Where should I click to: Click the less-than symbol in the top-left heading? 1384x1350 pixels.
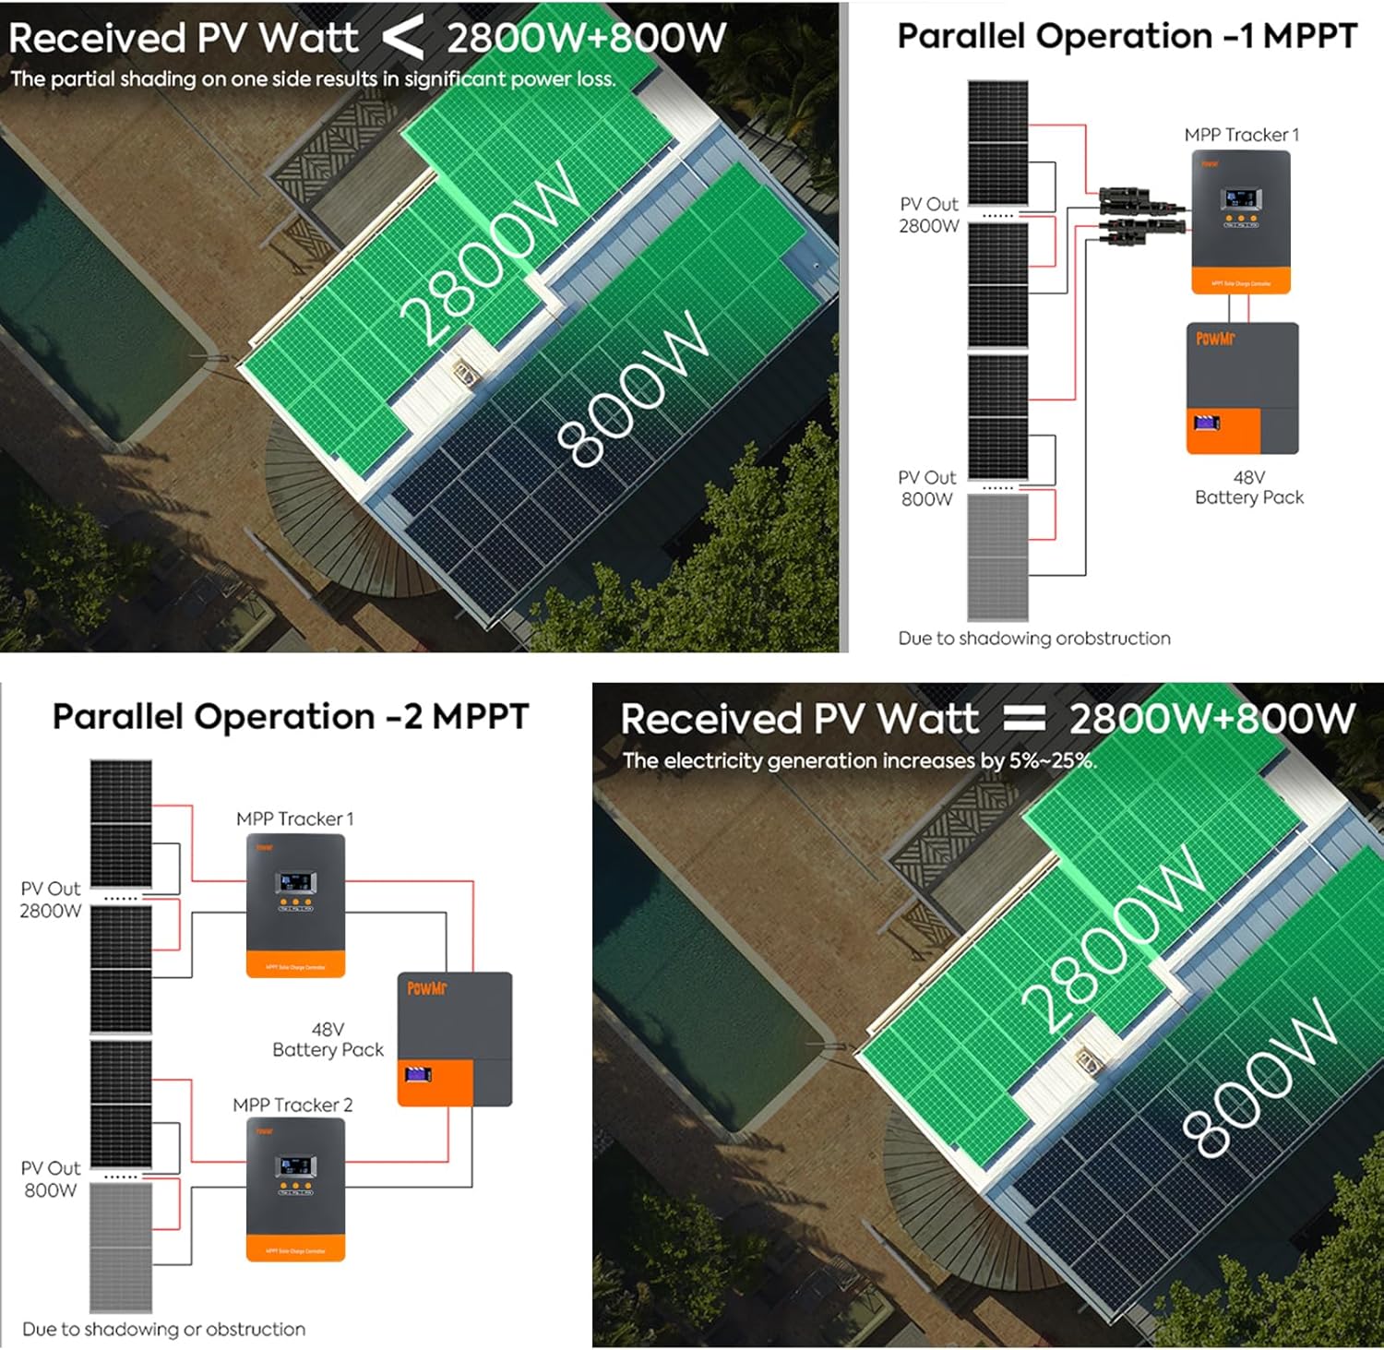pyautogui.click(x=403, y=38)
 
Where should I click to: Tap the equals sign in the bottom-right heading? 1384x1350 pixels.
pyautogui.click(x=1023, y=718)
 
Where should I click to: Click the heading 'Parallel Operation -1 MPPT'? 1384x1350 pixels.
pyautogui.click(x=1127, y=37)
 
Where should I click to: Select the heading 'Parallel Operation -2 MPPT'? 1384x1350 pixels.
pyautogui.click(x=290, y=716)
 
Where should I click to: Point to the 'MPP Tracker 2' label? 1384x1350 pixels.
pyautogui.click(x=292, y=1105)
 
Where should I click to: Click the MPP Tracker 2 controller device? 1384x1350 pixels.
pyautogui.click(x=295, y=1189)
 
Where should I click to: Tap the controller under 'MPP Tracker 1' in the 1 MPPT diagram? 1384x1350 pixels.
pyautogui.click(x=1240, y=221)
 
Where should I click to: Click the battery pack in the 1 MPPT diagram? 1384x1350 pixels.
pyautogui.click(x=1242, y=388)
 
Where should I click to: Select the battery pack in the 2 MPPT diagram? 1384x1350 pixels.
pyautogui.click(x=454, y=1038)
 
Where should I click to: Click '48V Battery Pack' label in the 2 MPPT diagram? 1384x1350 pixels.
pyautogui.click(x=328, y=1040)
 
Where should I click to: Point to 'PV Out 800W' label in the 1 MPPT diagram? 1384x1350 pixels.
pyautogui.click(x=927, y=488)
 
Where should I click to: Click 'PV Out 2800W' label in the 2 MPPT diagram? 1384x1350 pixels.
pyautogui.click(x=51, y=899)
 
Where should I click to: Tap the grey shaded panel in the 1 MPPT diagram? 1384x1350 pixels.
pyautogui.click(x=997, y=556)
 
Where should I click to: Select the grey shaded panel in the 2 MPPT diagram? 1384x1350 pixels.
pyautogui.click(x=121, y=1247)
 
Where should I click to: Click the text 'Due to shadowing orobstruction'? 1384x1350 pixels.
pyautogui.click(x=1033, y=639)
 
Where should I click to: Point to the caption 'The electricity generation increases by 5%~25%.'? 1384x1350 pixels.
pyautogui.click(x=858, y=761)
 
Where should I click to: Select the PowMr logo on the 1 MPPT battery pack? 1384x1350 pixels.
pyautogui.click(x=1214, y=339)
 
